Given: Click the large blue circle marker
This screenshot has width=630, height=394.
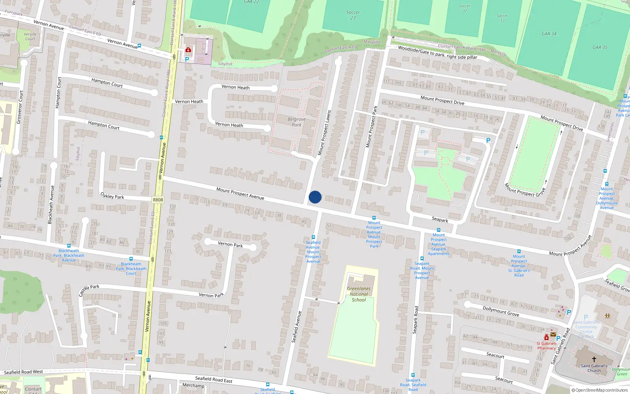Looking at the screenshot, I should (315, 197).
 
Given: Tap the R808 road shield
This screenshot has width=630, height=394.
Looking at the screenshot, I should (157, 200).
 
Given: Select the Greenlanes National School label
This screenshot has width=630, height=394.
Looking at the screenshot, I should (359, 294).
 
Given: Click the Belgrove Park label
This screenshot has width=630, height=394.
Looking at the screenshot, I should (296, 122).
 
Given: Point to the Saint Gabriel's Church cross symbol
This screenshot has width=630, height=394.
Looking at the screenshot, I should (594, 359).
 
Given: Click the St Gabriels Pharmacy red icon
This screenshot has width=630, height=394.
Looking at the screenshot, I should (547, 338).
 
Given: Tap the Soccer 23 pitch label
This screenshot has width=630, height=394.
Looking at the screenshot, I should (353, 15).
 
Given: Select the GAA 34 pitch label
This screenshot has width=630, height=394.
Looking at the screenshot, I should (549, 33).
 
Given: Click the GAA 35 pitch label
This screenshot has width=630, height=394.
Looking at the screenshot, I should (600, 47).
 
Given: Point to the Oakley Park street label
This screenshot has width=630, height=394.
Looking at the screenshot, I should (112, 196).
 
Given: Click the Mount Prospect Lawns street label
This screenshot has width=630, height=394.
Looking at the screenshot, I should (324, 132).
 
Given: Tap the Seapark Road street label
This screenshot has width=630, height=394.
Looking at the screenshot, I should (415, 320).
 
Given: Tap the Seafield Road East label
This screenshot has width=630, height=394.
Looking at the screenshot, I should (214, 379).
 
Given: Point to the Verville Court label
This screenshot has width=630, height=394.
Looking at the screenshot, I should (30, 36).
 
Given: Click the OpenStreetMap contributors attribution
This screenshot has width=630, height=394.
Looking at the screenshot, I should (600, 390).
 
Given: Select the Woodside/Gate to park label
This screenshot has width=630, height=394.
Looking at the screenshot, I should (437, 52).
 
